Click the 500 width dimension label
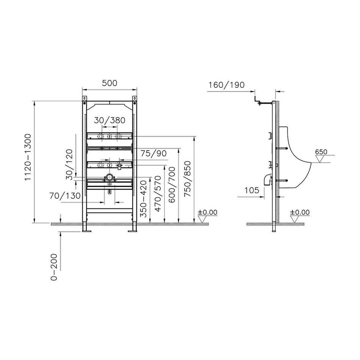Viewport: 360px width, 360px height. (110, 83)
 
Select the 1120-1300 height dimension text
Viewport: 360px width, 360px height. (28, 158)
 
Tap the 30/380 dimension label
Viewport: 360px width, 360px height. (110, 120)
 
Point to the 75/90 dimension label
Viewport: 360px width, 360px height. (153, 153)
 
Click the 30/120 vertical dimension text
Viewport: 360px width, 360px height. (69, 164)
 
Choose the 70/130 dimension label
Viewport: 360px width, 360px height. (65, 196)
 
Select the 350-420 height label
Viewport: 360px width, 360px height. (144, 199)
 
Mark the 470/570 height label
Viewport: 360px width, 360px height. (158, 194)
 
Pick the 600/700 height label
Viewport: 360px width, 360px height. (172, 185)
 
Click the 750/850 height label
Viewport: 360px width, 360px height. (187, 178)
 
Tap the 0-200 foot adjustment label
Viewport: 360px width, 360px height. (54, 267)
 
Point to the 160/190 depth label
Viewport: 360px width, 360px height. (226, 85)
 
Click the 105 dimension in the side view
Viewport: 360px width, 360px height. (252, 190)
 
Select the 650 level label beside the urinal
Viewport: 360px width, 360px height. (321, 152)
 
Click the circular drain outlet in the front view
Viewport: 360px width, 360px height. (110, 177)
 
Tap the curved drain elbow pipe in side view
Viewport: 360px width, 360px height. (267, 179)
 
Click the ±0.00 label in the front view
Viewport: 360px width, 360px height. (207, 212)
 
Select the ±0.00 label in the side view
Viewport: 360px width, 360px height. (300, 212)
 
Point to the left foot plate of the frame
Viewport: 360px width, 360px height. (87, 231)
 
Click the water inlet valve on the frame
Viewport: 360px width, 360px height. (119, 166)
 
